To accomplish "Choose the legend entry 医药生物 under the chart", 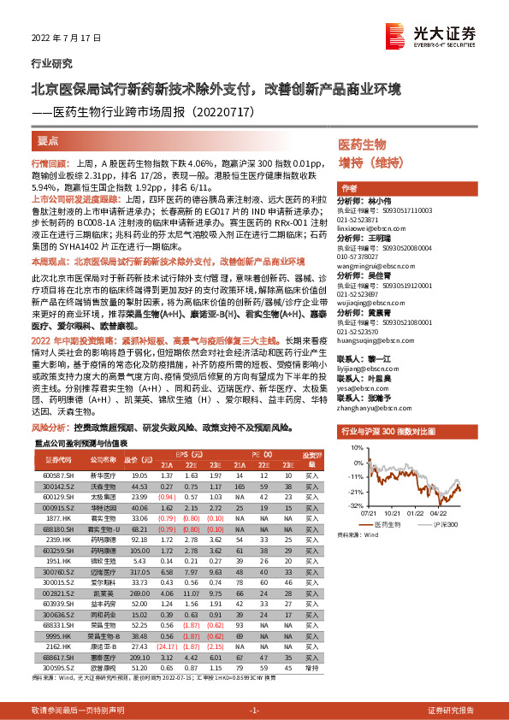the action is coord(391,524).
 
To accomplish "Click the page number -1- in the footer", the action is coord(254,710).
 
